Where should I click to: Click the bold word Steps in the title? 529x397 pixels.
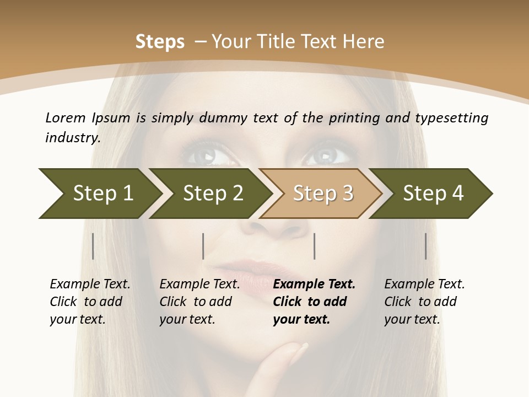pyautogui.click(x=160, y=42)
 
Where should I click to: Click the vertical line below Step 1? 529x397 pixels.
pyautogui.click(x=93, y=246)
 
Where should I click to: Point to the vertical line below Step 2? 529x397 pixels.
pyautogui.click(x=203, y=246)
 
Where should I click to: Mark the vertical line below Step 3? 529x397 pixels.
pyautogui.click(x=314, y=246)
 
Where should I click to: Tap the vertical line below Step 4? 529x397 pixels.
pyautogui.click(x=425, y=246)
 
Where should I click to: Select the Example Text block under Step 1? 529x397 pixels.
pyautogui.click(x=90, y=302)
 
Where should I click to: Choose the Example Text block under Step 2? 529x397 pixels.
pyautogui.click(x=199, y=302)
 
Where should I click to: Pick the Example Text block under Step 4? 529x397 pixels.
pyautogui.click(x=424, y=302)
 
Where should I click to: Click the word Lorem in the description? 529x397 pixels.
pyautogui.click(x=66, y=117)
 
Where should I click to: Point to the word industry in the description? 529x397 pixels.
pyautogui.click(x=72, y=137)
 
